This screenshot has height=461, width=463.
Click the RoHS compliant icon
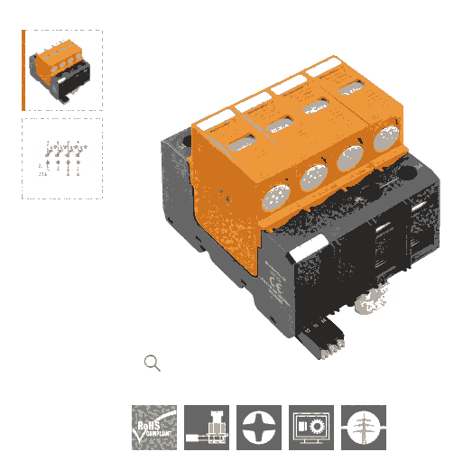[x=154, y=427]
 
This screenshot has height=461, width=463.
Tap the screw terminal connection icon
[x=207, y=427]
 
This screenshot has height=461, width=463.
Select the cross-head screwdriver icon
[x=259, y=427]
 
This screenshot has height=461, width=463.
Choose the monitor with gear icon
[x=311, y=427]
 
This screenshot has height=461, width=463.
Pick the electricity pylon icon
[x=364, y=427]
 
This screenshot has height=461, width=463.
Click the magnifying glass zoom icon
[x=153, y=363]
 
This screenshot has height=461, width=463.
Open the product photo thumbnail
[x=63, y=70]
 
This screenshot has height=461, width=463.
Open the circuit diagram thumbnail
[x=63, y=158]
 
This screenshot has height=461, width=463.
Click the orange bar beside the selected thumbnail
[x=23, y=70]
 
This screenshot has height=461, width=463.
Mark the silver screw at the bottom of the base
[x=370, y=307]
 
